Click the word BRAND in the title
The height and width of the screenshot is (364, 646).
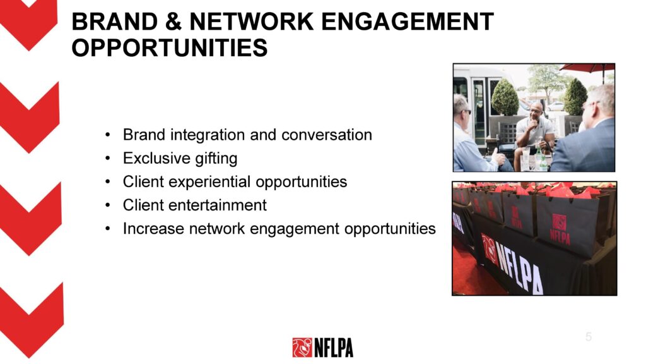[x=115, y=21]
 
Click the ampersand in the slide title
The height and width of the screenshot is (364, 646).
[x=173, y=21]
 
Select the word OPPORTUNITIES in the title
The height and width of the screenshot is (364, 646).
[x=170, y=47]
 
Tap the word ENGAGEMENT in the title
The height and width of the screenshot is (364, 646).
[x=407, y=21]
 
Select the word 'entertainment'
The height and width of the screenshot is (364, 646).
[x=218, y=205]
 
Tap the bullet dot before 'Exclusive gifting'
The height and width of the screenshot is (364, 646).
[x=107, y=159]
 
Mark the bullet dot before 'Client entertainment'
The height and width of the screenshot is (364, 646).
[x=107, y=205]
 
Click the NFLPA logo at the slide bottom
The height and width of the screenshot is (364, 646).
[x=322, y=348]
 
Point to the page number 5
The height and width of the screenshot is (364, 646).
[x=589, y=337]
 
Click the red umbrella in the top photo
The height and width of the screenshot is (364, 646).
[x=589, y=68]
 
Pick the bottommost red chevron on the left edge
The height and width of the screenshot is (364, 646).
[x=32, y=320]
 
